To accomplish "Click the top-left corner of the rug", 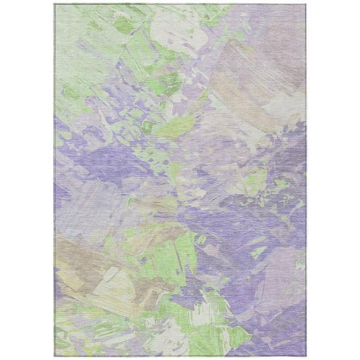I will point(55,4).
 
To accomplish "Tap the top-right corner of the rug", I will point(306,4).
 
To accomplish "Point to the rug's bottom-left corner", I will point(55,356).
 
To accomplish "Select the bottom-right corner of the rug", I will point(306,356).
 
